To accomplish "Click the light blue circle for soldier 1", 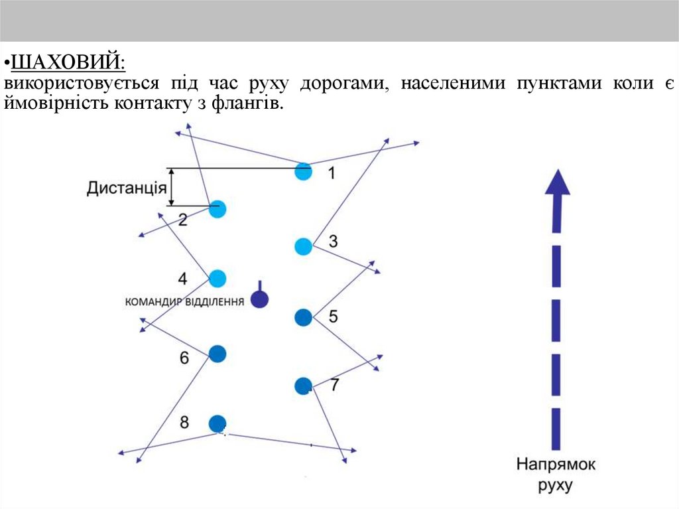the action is pyautogui.click(x=303, y=171).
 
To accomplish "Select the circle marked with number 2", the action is pyautogui.click(x=217, y=209).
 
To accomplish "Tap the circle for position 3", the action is pyautogui.click(x=303, y=247).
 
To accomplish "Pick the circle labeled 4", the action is pyautogui.click(x=217, y=279).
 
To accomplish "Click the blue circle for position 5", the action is pyautogui.click(x=303, y=317).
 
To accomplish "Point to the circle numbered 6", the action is pyautogui.click(x=217, y=354).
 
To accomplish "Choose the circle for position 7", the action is pyautogui.click(x=303, y=385).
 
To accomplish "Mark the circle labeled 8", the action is pyautogui.click(x=217, y=423).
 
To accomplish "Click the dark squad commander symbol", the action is pyautogui.click(x=259, y=299).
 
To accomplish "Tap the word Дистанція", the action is pyautogui.click(x=126, y=188).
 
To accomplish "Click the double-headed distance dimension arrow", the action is pyautogui.click(x=172, y=187).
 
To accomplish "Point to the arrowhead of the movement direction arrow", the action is pyautogui.click(x=557, y=182).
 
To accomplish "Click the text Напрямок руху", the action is pyautogui.click(x=556, y=474).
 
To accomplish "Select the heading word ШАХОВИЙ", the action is pyautogui.click(x=68, y=63).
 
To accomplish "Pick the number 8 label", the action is pyautogui.click(x=184, y=421).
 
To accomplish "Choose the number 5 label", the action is pyautogui.click(x=333, y=317).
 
